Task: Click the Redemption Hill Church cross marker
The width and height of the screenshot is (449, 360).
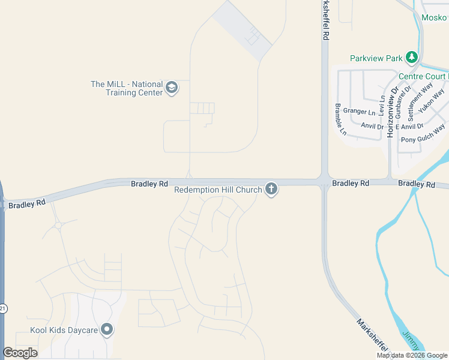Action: click(x=271, y=190)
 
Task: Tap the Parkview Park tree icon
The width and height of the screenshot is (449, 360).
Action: click(x=412, y=58)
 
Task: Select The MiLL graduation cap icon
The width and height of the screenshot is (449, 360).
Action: click(x=172, y=88)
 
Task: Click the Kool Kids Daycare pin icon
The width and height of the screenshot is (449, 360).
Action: click(x=107, y=329)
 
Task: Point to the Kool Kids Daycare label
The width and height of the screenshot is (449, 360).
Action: click(x=64, y=330)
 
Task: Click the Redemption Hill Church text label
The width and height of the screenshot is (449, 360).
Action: click(x=218, y=190)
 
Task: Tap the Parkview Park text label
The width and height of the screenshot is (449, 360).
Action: click(x=376, y=59)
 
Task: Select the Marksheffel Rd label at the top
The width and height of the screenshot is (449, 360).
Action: click(x=325, y=20)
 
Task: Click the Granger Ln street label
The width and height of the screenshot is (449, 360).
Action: click(x=359, y=112)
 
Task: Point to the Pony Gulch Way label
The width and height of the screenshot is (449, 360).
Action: click(x=423, y=134)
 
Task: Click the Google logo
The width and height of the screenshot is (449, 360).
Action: click(x=20, y=353)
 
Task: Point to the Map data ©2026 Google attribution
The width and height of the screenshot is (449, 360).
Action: click(x=412, y=355)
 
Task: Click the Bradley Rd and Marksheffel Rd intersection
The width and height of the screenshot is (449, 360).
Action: click(x=325, y=182)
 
